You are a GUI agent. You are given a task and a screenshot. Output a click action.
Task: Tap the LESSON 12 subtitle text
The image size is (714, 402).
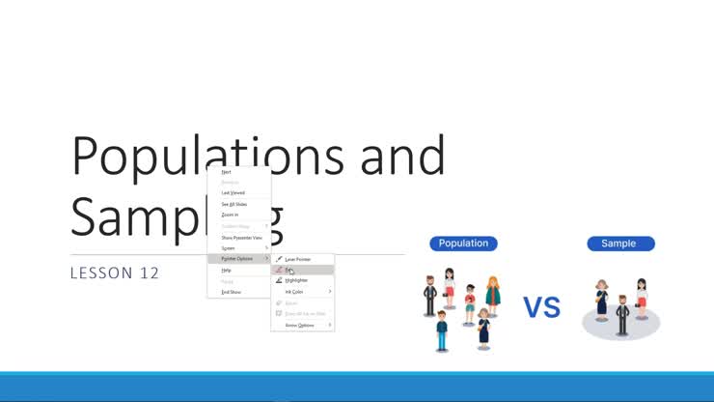tap(114, 273)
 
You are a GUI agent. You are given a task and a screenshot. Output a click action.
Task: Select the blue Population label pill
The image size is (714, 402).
tap(463, 244)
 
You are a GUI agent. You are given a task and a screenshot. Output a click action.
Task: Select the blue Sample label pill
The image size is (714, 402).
tap(620, 244)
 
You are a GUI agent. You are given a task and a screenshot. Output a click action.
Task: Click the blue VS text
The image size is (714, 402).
tap(542, 308)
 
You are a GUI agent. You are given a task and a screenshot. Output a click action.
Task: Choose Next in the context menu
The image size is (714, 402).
tap(227, 172)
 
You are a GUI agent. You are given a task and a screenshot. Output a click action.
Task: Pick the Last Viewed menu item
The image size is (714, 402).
tap(233, 192)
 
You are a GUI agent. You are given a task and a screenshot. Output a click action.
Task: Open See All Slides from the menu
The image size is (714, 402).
tap(234, 204)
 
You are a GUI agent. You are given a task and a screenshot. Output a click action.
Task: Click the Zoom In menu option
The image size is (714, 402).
tap(230, 215)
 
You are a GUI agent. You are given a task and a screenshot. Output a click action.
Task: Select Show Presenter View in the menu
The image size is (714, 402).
tap(241, 237)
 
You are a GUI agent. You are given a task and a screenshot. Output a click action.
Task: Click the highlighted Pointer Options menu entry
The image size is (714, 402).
tap(238, 258)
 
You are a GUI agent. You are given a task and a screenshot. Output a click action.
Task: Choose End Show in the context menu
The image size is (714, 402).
tap(231, 291)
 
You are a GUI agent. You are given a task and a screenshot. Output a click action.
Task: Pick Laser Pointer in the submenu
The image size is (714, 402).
tap(297, 259)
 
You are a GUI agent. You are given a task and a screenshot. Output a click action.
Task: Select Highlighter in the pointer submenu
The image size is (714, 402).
tap(295, 280)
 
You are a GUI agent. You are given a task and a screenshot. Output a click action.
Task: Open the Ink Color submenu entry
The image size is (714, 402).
tap(294, 291)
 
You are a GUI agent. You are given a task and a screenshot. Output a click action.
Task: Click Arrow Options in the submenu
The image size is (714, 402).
tap(299, 325)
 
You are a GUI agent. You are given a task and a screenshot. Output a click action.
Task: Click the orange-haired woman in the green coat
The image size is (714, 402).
tap(492, 296)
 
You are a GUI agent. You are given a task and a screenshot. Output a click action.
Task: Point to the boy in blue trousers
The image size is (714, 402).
tap(442, 330)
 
